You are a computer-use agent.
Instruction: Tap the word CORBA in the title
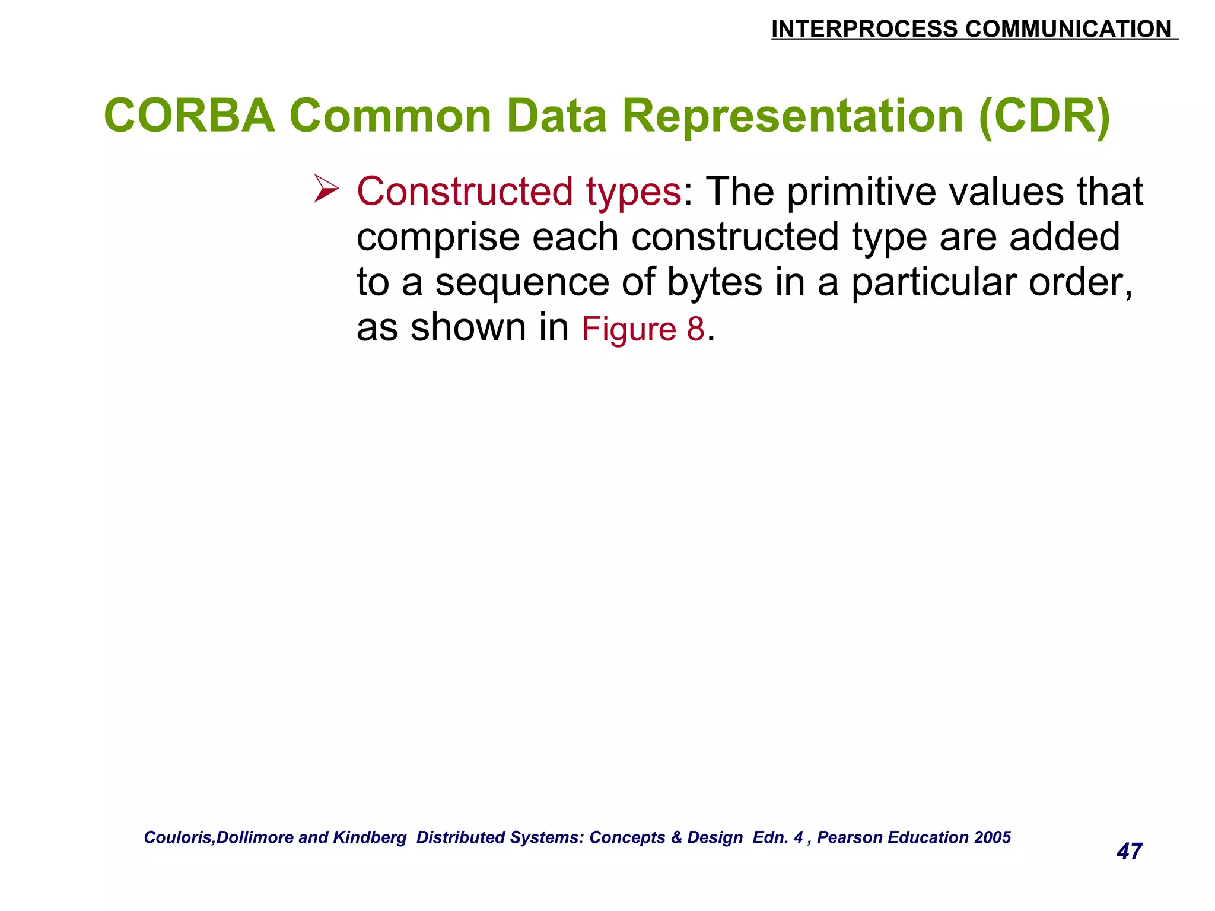point(189,116)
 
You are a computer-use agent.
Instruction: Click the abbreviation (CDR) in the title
point(1045,117)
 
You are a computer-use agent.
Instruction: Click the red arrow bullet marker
point(326,189)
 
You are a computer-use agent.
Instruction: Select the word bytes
point(714,282)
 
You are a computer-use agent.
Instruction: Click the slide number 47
point(1129,852)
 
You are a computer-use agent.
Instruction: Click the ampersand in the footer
point(676,837)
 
